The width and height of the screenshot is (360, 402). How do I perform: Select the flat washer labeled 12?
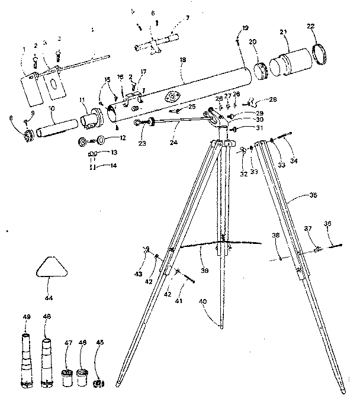tap(101, 140)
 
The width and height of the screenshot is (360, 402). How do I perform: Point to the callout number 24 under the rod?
tap(172, 142)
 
